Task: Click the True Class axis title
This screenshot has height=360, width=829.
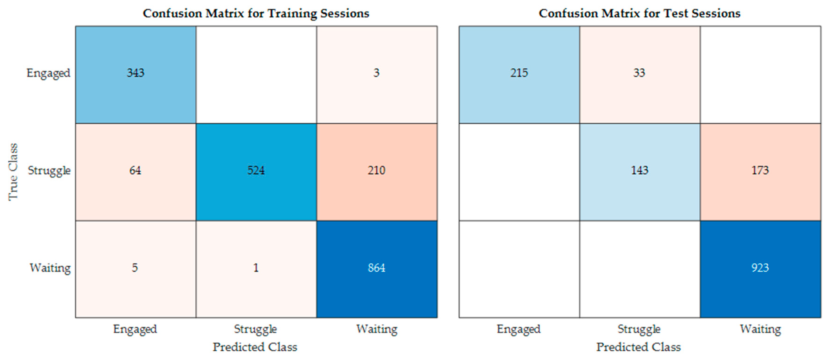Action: pyautogui.click(x=13, y=172)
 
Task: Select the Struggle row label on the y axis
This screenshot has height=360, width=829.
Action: pyautogui.click(x=49, y=170)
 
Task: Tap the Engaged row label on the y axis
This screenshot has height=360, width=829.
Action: pyautogui.click(x=48, y=73)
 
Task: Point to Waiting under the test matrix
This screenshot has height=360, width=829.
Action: pyautogui.click(x=760, y=329)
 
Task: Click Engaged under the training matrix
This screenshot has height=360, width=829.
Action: pyautogui.click(x=135, y=329)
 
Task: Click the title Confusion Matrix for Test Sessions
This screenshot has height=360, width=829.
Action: pyautogui.click(x=639, y=14)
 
